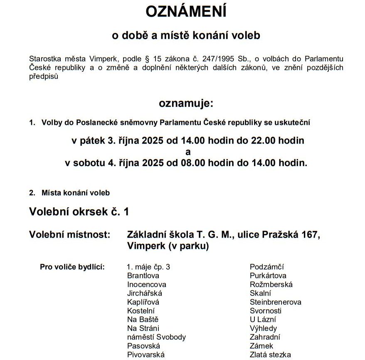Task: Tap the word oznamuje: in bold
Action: click(x=186, y=104)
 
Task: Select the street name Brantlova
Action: click(x=143, y=276)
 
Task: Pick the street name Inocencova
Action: click(x=147, y=285)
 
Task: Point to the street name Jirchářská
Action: click(x=144, y=293)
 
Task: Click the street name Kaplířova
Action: click(x=143, y=302)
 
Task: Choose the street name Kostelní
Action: click(x=141, y=311)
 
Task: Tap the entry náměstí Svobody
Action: click(x=156, y=337)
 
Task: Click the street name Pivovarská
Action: click(x=146, y=355)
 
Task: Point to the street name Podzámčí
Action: click(x=266, y=267)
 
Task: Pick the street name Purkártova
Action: click(x=268, y=276)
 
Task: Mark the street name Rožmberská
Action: click(x=271, y=285)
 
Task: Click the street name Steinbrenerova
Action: click(x=276, y=302)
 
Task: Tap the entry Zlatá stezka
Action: click(x=270, y=355)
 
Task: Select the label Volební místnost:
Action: click(x=69, y=235)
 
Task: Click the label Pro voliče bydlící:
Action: click(x=72, y=267)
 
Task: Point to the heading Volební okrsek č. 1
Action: click(x=79, y=211)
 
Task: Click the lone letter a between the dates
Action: click(x=188, y=152)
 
